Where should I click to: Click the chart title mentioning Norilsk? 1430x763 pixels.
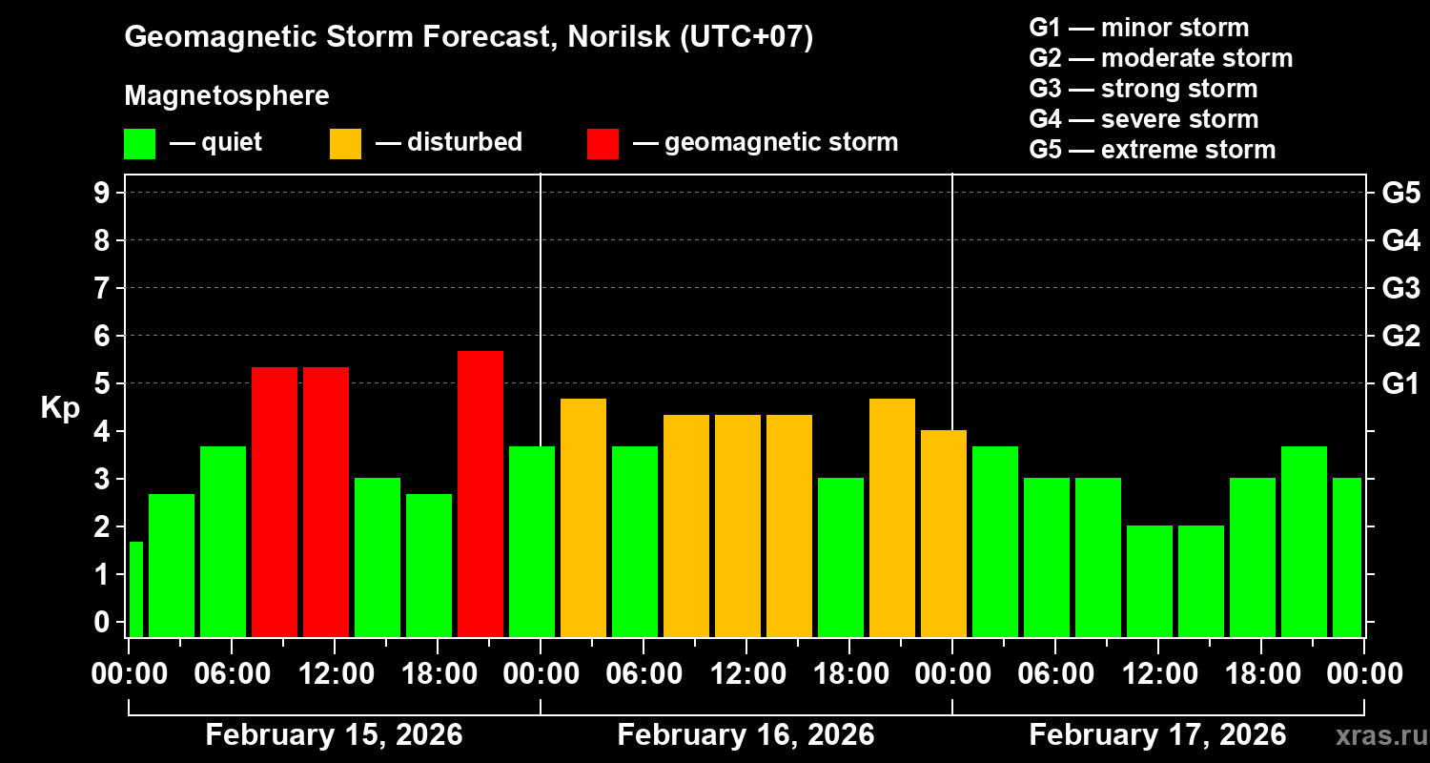468,38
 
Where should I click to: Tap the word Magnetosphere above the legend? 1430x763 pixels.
227,96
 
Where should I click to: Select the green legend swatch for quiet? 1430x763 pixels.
139,143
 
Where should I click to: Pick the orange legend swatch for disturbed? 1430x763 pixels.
345,143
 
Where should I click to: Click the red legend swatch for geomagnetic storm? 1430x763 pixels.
603,143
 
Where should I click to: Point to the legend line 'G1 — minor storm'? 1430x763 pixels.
1138,28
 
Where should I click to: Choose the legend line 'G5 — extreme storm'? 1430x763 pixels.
1152,150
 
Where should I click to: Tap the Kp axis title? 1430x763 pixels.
60,408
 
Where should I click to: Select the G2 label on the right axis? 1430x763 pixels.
1400,337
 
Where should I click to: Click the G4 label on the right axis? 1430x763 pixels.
1400,241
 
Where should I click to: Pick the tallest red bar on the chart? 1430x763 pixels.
480,493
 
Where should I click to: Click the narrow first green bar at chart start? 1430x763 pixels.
135,588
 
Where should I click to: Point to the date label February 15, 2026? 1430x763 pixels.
334,735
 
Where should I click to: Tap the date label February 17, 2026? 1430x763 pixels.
1157,735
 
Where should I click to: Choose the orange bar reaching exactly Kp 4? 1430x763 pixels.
944,533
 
